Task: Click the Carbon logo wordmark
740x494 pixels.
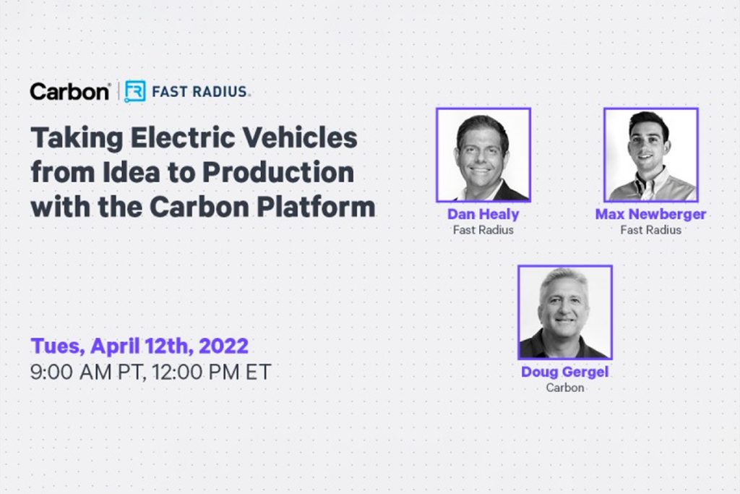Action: point(69,91)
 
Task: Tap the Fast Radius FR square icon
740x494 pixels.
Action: point(134,91)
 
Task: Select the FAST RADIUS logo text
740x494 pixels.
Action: point(200,91)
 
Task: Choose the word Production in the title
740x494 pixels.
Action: point(278,171)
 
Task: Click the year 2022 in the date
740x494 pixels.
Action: point(223,346)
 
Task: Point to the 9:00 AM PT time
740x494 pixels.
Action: point(87,372)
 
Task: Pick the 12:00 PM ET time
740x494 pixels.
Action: point(212,372)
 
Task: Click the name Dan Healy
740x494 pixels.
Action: point(483,214)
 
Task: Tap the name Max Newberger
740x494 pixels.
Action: point(651,214)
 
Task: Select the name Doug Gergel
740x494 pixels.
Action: point(565,372)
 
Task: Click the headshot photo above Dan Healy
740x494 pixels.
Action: point(483,155)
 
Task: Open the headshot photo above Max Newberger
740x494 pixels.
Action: point(651,155)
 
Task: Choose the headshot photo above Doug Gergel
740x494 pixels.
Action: point(565,312)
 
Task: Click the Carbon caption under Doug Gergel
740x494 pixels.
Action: point(565,388)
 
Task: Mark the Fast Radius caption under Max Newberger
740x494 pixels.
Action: point(651,230)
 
